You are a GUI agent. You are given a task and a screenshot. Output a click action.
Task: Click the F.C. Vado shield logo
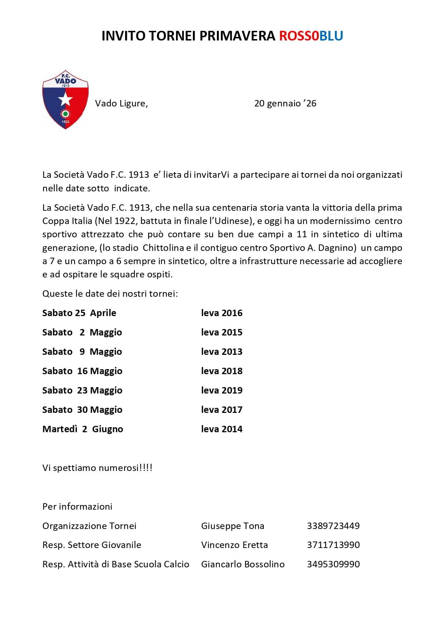click(65, 100)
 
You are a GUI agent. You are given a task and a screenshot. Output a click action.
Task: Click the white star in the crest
click(65, 99)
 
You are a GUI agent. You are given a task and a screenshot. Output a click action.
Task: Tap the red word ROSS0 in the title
click(299, 36)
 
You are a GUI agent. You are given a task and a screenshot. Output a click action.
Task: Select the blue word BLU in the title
click(331, 36)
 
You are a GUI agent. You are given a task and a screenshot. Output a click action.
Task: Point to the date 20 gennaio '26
click(285, 104)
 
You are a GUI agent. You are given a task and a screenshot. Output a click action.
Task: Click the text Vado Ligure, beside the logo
click(121, 104)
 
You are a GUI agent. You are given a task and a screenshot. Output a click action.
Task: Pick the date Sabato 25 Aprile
click(79, 313)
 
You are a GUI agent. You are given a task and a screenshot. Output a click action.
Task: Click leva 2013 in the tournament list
click(222, 352)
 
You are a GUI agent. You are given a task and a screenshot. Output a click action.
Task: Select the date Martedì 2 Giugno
click(82, 429)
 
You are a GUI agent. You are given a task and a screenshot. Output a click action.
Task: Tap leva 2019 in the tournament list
click(222, 390)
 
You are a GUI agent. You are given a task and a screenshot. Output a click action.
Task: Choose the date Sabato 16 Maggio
click(82, 371)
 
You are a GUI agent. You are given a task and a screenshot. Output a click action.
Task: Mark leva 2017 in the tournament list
click(222, 410)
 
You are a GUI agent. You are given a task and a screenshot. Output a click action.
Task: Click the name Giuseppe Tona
click(232, 526)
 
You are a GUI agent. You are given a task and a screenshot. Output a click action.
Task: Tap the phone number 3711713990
click(333, 545)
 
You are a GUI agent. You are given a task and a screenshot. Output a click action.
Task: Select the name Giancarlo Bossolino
click(243, 564)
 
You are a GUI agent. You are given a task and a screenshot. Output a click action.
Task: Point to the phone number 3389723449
click(333, 526)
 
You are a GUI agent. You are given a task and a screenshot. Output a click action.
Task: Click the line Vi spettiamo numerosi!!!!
click(97, 468)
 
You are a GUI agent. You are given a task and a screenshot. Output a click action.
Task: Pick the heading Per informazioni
click(77, 506)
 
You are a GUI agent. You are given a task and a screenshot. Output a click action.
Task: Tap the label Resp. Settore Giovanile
click(91, 545)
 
